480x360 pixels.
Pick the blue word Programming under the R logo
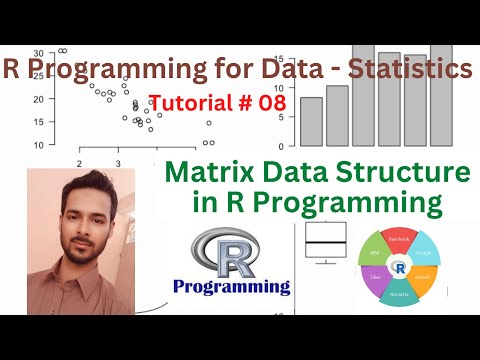tap(231, 287)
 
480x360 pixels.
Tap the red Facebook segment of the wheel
tap(399, 241)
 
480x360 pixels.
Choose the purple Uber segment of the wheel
tap(374, 283)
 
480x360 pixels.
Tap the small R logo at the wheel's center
tap(399, 269)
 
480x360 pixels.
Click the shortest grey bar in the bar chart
tap(311, 121)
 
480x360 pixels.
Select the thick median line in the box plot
tap(326, 243)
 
